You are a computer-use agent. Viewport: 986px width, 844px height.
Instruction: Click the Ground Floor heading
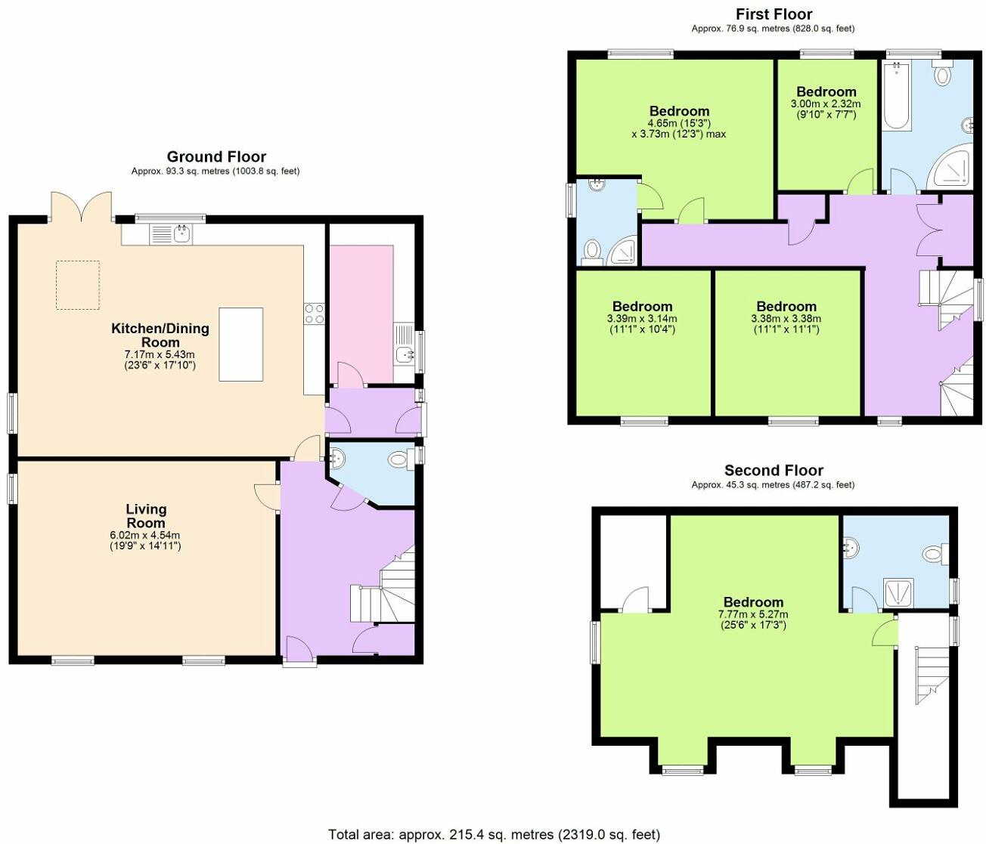coord(216,157)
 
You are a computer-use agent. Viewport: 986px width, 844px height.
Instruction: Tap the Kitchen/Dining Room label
coord(160,335)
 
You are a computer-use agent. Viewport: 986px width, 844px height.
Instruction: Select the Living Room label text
coord(146,516)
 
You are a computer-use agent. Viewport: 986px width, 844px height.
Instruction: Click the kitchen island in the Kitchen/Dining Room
coord(241,345)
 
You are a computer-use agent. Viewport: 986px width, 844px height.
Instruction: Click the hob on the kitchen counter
coord(314,314)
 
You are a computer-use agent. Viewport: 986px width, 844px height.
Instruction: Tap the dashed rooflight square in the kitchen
coord(77,285)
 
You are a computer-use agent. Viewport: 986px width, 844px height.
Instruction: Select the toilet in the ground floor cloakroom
coord(398,459)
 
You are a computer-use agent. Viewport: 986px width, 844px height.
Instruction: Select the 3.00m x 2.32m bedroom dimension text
coord(826,110)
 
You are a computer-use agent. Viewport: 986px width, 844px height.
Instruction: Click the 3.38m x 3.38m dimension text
coord(786,324)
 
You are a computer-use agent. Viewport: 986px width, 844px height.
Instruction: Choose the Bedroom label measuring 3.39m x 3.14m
coord(642,306)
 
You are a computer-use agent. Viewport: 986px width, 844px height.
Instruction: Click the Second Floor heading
coord(774,471)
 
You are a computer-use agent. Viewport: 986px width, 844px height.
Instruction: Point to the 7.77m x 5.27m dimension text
coord(753,620)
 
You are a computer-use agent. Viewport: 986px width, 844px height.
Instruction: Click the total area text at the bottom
coord(494,834)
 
